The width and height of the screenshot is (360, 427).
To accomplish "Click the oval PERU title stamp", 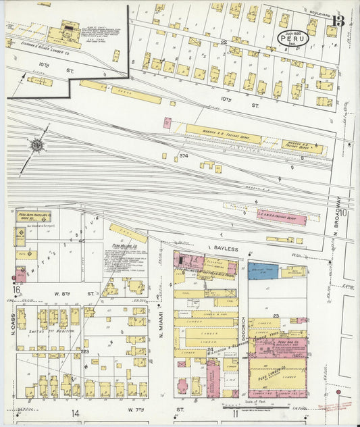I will (293, 37).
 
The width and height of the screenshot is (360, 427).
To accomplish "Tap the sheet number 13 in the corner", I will (338, 22).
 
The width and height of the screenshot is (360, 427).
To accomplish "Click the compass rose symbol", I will (36, 144).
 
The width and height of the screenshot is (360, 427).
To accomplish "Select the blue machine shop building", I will (263, 271).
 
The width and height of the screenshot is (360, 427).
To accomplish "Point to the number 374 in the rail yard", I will (183, 156).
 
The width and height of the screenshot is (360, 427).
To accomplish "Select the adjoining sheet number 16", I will (16, 291).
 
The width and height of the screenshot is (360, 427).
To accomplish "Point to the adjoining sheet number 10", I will (344, 214).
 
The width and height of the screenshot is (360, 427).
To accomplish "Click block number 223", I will (85, 352).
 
